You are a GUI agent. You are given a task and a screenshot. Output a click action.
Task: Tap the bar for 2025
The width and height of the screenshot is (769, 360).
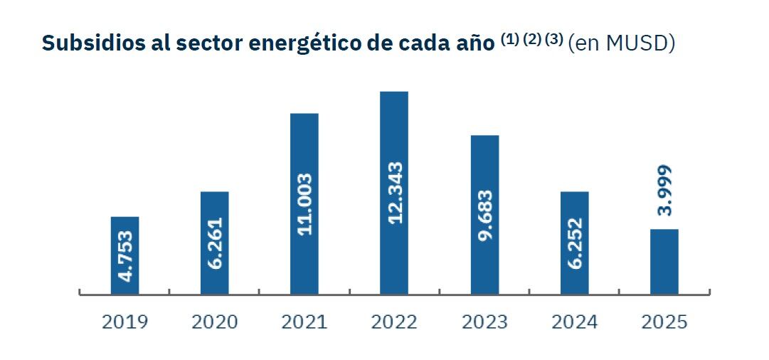tap(664, 260)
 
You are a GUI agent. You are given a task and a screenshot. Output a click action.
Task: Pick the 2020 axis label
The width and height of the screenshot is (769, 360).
tap(214, 322)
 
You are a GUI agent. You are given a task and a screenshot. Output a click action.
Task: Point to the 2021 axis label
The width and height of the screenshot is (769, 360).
tap(304, 322)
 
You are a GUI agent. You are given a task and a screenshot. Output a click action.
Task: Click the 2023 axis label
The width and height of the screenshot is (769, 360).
tap(484, 322)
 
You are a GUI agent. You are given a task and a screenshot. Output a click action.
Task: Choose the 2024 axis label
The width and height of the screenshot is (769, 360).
tap(575, 322)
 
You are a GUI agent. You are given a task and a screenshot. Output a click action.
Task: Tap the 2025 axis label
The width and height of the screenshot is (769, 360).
tap(664, 322)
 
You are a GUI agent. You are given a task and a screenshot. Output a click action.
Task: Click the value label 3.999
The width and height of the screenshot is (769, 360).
tap(664, 191)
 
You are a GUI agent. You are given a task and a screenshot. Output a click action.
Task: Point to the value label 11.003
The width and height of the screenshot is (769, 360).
tap(304, 203)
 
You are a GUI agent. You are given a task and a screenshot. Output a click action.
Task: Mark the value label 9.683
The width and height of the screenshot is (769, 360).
tap(484, 216)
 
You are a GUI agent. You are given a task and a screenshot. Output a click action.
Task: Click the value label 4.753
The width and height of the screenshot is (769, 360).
tap(125, 255)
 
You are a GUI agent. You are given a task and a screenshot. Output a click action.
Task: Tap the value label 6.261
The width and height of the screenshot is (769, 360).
tap(215, 243)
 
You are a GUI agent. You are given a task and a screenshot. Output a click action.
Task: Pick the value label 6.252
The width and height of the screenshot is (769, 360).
tap(575, 243)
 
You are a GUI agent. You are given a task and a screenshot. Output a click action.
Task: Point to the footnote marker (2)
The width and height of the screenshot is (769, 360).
tap(532, 40)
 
